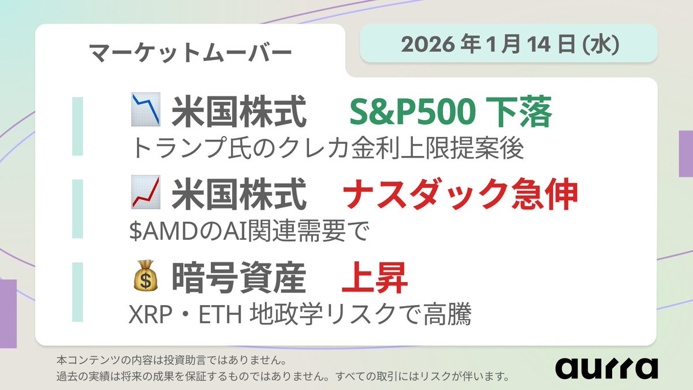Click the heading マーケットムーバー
point(191,53)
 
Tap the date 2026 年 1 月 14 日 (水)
point(509,44)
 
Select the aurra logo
point(607,367)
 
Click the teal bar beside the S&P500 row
point(77,126)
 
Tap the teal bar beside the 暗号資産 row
point(77,292)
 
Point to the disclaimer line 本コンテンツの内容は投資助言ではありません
point(171,361)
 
